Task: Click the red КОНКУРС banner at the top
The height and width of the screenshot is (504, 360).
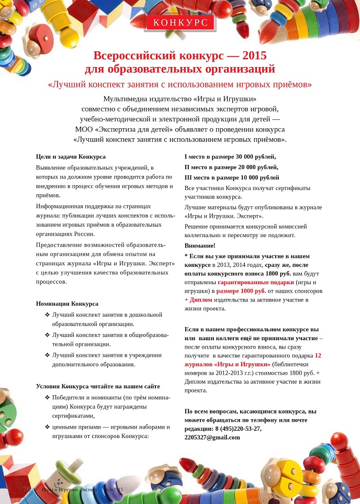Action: coord(180,22)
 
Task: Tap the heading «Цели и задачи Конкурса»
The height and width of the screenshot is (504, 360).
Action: coord(71,156)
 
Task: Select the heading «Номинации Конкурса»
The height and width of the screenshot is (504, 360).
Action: coord(67,304)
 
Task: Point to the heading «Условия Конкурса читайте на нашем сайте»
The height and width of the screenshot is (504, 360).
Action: coord(98,386)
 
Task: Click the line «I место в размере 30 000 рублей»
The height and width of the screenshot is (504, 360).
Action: coord(230,156)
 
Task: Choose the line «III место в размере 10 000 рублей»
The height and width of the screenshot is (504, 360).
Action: coord(232,177)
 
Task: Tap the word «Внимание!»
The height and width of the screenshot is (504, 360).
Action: coord(200,245)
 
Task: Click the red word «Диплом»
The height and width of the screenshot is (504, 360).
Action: coord(201,300)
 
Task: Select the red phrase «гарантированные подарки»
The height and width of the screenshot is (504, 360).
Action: coord(249,282)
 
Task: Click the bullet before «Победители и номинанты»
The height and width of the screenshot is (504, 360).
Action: coord(48,398)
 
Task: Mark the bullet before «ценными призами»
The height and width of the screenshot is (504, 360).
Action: coord(48,427)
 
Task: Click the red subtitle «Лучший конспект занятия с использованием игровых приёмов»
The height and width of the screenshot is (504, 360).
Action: coord(180,84)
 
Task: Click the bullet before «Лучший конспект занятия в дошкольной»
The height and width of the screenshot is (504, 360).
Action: coord(48,315)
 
